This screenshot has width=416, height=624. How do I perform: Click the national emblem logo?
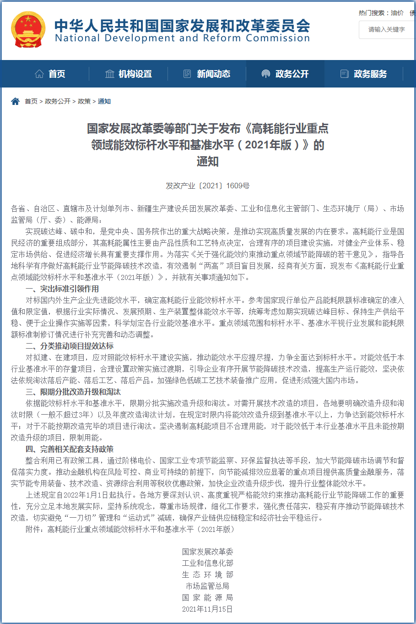(28, 29)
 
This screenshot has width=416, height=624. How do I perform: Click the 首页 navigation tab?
(50, 74)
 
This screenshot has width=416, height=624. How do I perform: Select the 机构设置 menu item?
(129, 74)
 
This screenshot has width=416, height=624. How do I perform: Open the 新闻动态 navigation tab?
(207, 74)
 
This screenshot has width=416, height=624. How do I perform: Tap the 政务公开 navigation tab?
(285, 74)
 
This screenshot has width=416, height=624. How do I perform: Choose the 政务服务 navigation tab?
(364, 74)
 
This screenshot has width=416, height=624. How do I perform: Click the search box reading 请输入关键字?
(387, 29)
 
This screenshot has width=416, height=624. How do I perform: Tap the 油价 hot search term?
(397, 13)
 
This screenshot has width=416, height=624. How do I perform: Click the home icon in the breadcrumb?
(16, 101)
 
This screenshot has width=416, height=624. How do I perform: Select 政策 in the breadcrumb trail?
(84, 101)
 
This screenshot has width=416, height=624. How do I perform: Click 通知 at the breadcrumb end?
(104, 101)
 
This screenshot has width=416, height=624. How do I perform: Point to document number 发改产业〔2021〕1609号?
(208, 186)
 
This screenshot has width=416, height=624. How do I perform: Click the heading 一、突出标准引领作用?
(62, 289)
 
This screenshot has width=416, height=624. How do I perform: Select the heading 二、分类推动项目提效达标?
(70, 346)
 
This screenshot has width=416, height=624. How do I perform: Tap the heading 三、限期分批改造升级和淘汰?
(73, 392)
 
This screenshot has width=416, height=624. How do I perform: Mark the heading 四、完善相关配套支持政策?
(70, 449)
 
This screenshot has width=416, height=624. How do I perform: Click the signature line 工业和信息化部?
(208, 563)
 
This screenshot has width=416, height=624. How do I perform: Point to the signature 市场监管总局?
(208, 586)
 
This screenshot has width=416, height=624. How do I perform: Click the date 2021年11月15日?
(208, 609)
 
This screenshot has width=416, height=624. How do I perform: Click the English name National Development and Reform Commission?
(182, 38)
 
